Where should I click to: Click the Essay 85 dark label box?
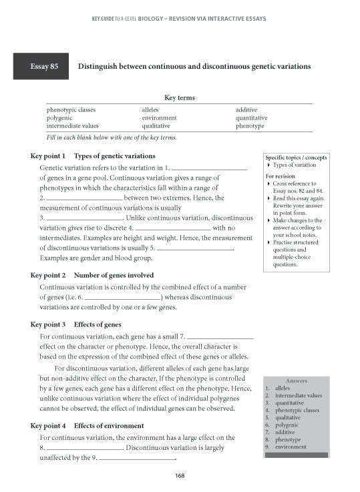39,67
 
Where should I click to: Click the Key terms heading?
179,97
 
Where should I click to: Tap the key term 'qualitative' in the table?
156,126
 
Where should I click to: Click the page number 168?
179,475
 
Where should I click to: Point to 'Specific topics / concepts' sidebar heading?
295,157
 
